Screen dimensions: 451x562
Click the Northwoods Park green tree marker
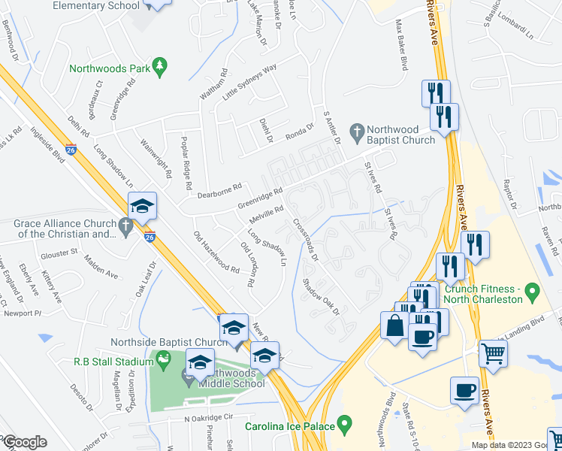[x=159, y=68]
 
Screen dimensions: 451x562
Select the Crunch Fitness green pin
[x=533, y=290]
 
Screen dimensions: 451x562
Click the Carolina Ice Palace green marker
[x=345, y=426]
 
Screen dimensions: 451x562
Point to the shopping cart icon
[x=493, y=352]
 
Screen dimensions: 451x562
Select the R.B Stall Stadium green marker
[x=165, y=362]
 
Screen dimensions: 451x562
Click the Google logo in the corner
[x=24, y=442]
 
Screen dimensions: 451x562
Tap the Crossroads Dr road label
[x=306, y=239]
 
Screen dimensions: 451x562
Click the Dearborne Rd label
[x=219, y=191]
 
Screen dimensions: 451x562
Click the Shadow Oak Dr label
[x=322, y=296]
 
